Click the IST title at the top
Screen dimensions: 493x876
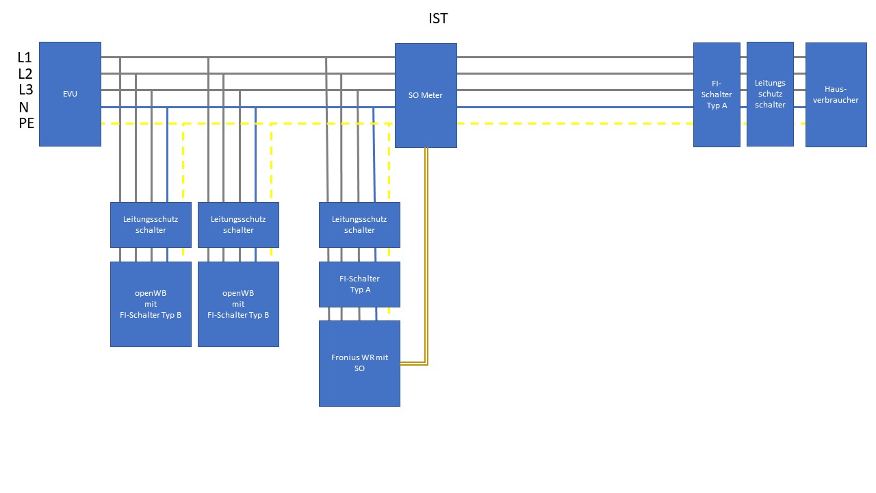tap(438, 18)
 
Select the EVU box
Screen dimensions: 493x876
tap(70, 94)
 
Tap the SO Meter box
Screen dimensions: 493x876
tap(426, 95)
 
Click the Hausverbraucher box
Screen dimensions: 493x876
tap(836, 94)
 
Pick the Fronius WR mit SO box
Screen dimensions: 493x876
tap(359, 363)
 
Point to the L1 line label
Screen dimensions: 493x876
tap(25, 58)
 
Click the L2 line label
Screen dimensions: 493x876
tap(25, 74)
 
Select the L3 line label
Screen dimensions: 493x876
tap(25, 90)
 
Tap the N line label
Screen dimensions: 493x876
tap(24, 107)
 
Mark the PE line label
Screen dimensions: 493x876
tap(26, 123)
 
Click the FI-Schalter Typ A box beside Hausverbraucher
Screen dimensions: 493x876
tap(717, 94)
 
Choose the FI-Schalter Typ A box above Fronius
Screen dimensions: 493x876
tap(359, 284)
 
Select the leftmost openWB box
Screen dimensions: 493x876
tap(151, 304)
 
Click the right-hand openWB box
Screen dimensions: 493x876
tap(238, 304)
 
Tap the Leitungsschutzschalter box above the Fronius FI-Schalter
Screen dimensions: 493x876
tap(359, 225)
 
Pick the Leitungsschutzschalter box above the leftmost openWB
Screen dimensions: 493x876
tap(151, 225)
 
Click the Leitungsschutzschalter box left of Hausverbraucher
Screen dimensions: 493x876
tap(770, 94)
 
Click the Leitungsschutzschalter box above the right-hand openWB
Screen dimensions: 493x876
tap(238, 225)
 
